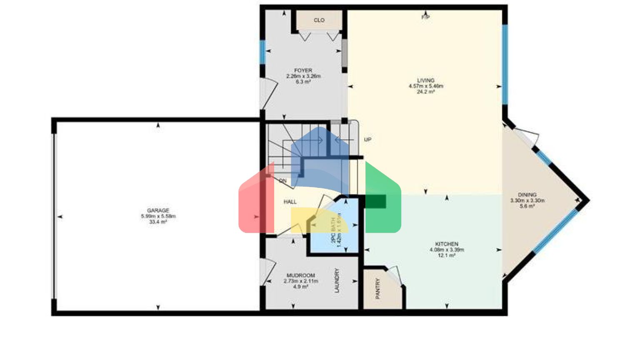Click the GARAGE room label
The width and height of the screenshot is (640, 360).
click(x=158, y=210)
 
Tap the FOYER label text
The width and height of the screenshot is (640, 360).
click(x=303, y=70)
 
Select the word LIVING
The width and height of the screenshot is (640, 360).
click(x=426, y=80)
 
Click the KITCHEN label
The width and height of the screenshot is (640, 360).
click(x=447, y=244)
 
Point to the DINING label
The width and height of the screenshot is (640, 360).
click(x=527, y=195)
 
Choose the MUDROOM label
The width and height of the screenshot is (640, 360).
click(x=301, y=275)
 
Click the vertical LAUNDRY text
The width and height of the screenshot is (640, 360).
click(x=337, y=280)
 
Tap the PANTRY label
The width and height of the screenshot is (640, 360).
click(x=378, y=288)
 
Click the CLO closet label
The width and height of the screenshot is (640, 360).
click(x=319, y=20)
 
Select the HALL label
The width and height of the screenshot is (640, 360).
click(x=290, y=202)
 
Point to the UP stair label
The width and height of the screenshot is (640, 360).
click(x=367, y=140)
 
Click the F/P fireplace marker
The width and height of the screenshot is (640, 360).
click(x=425, y=17)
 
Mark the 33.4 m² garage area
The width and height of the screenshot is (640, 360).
click(x=158, y=222)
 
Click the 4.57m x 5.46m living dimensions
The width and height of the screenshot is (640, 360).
click(x=426, y=86)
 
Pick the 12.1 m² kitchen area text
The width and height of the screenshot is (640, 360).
click(x=447, y=255)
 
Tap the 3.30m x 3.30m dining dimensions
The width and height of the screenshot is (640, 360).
click(x=527, y=200)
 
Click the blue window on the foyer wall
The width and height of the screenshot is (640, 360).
click(x=263, y=51)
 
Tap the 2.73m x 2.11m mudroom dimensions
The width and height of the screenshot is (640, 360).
click(x=301, y=281)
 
